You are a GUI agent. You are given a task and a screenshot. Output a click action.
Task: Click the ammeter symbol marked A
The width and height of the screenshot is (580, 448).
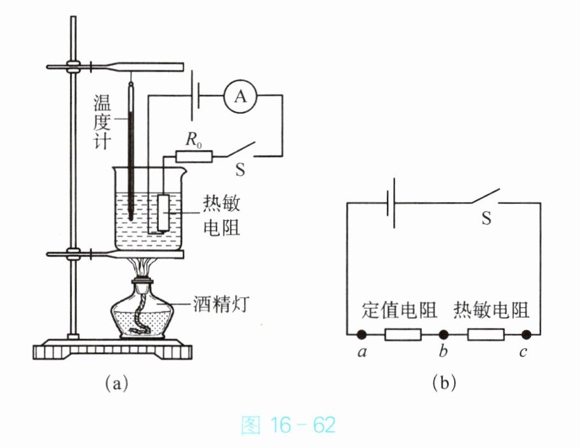click(240, 97)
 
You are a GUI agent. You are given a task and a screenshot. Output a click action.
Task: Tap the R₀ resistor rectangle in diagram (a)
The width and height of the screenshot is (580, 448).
click(194, 156)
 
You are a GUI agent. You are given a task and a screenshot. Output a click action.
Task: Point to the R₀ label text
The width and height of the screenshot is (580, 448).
click(194, 140)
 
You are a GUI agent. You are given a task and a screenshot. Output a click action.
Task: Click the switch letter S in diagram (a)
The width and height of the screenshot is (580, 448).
click(240, 170)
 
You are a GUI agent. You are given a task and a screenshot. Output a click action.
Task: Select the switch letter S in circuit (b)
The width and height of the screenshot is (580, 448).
click(487, 217)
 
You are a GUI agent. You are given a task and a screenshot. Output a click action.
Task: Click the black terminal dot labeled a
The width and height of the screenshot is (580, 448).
click(361, 335)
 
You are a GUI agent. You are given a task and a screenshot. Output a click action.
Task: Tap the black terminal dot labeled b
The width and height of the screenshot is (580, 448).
click(443, 335)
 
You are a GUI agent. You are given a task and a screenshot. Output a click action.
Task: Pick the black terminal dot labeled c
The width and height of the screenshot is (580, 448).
click(526, 335)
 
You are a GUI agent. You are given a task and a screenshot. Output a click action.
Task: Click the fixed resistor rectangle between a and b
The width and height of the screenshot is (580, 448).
click(403, 335)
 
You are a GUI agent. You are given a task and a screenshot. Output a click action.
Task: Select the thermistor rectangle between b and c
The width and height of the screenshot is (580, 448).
click(486, 335)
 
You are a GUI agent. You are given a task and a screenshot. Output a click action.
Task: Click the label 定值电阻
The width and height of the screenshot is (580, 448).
click(399, 309)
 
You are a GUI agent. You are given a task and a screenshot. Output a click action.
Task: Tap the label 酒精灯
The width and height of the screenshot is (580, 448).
click(221, 304)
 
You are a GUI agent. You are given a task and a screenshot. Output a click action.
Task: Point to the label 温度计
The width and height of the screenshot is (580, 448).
click(102, 121)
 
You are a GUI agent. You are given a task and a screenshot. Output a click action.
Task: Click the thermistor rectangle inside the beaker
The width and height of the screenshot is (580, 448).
click(163, 213)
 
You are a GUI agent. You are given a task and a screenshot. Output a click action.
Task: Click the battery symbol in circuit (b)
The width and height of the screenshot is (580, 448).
click(391, 203)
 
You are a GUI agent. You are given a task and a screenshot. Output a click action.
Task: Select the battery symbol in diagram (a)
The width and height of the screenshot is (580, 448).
click(195, 96)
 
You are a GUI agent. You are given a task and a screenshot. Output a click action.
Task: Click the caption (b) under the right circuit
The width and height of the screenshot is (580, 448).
click(444, 383)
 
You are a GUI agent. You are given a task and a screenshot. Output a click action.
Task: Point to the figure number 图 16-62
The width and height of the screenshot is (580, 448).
click(288, 425)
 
